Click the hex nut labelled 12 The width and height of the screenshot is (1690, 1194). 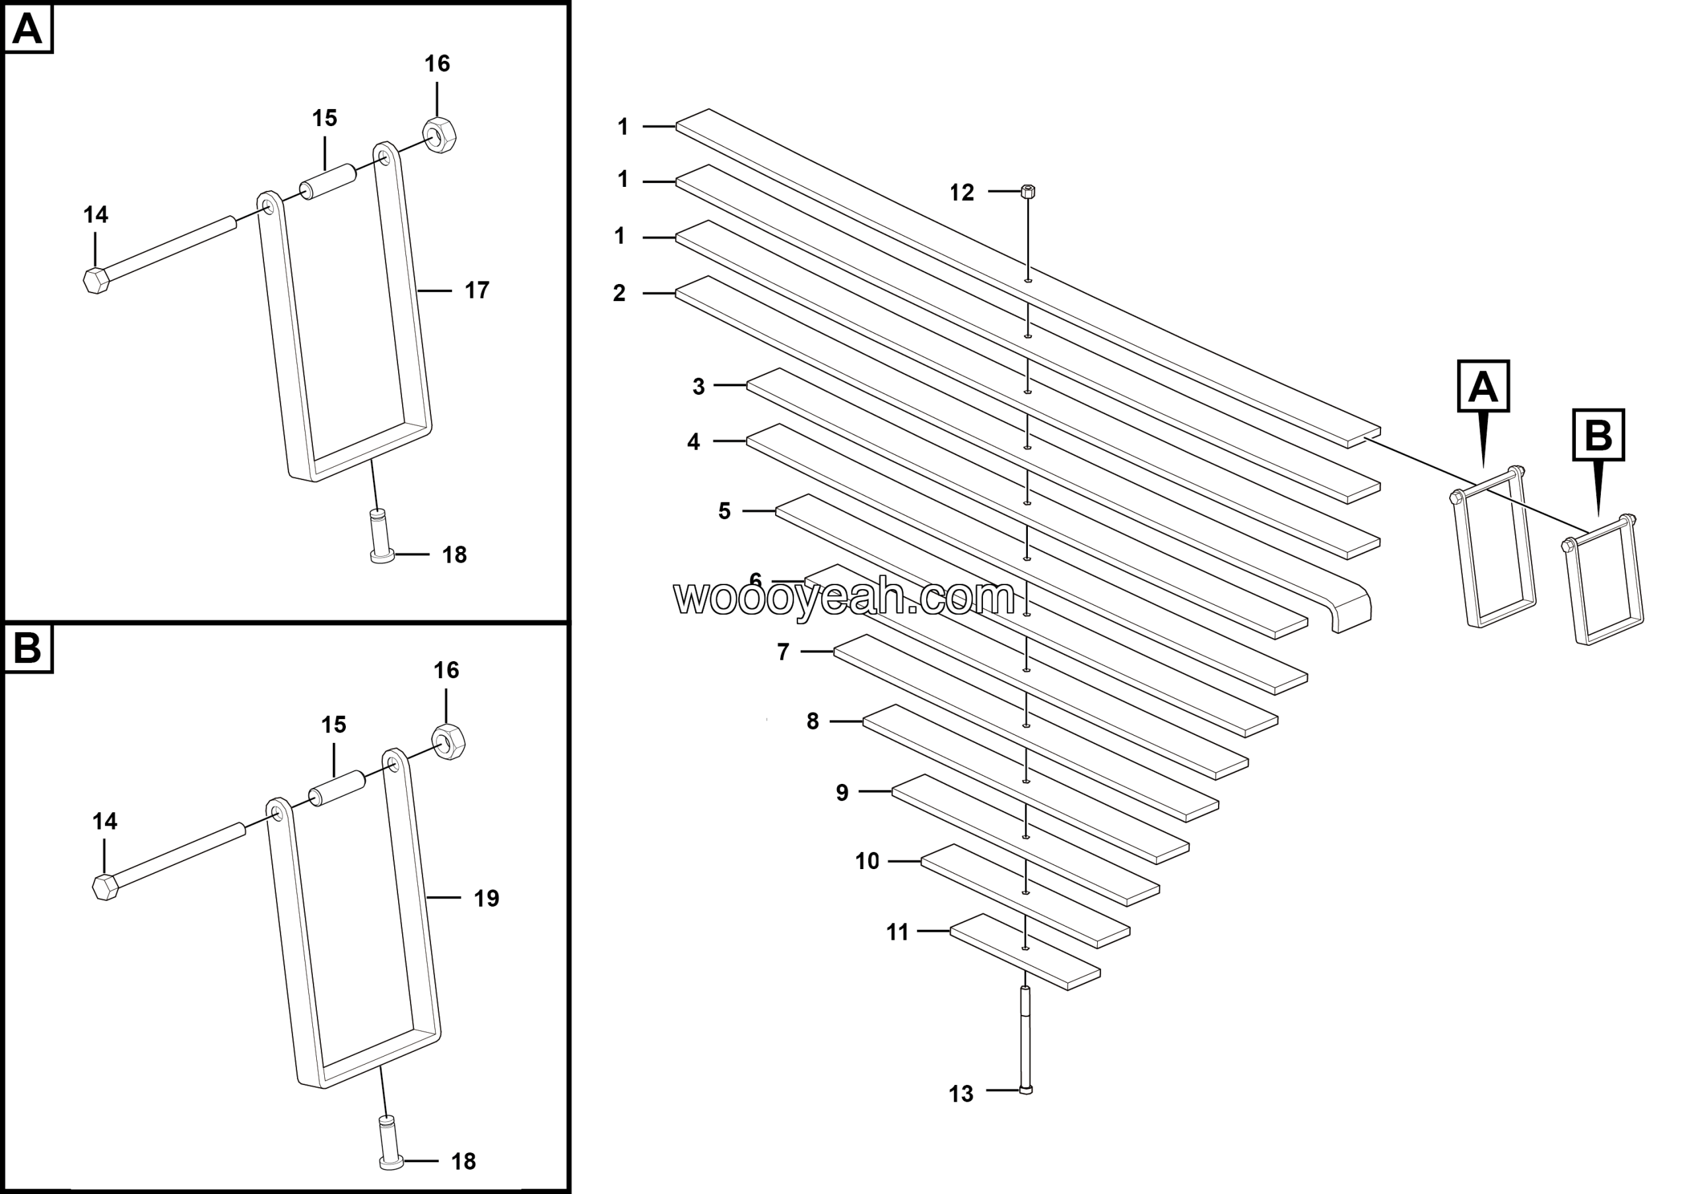1029,192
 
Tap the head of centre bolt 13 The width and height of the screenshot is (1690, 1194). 1026,1090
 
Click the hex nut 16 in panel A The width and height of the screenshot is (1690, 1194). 440,135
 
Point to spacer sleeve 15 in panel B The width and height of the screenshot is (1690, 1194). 338,787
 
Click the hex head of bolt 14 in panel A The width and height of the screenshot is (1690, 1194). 96,281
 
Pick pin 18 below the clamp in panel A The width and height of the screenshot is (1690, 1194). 380,536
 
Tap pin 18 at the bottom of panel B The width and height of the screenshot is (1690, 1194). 389,1143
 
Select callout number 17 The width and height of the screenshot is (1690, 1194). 477,291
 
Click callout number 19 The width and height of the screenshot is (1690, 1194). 487,899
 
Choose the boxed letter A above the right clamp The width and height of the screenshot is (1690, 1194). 1483,386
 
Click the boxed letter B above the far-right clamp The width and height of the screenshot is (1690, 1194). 1598,435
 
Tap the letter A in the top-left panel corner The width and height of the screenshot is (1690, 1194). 28,30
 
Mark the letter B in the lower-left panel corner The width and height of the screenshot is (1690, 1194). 28,649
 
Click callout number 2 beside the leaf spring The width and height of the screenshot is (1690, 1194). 619,293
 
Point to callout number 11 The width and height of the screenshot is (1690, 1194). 897,932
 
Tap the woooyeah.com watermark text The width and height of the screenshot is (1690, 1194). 844,597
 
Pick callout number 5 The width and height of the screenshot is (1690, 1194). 724,511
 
